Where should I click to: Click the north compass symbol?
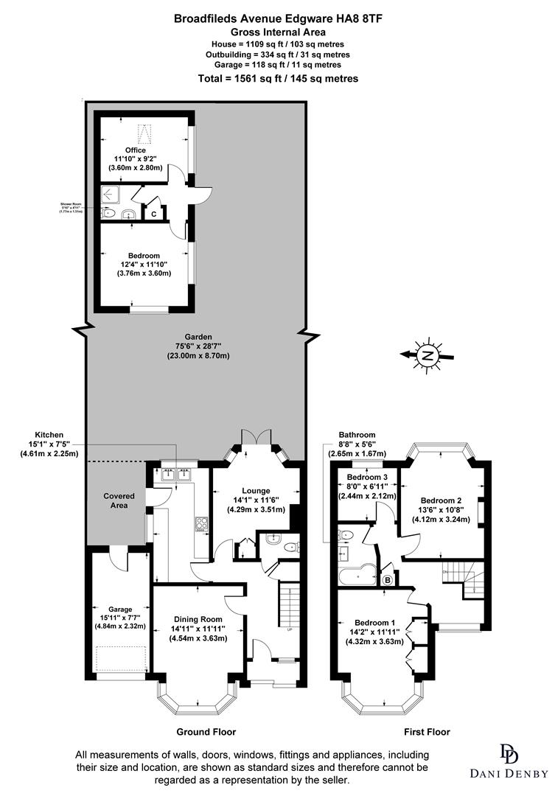(427, 356)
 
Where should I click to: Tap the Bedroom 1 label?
(374, 631)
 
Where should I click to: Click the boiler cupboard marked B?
(388, 580)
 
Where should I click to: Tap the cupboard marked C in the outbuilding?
(153, 214)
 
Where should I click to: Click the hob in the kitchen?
(201, 525)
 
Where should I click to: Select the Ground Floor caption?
(206, 732)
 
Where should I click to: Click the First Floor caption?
(427, 732)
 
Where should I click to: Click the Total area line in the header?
(279, 79)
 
